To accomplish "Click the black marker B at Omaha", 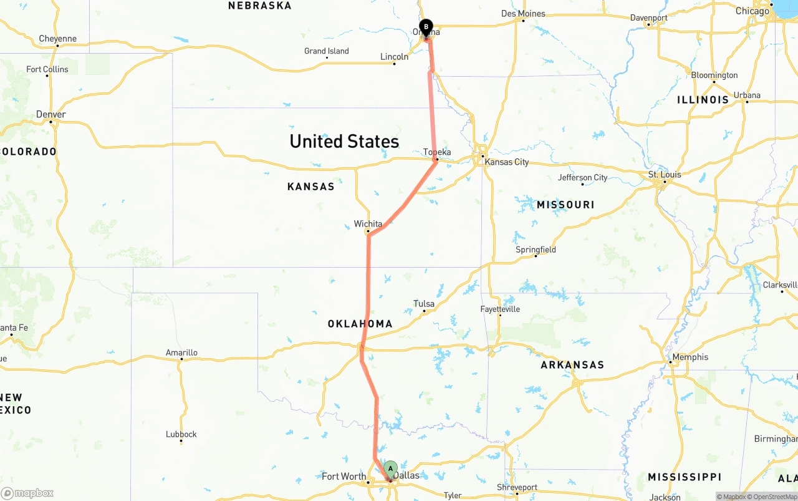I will pyautogui.click(x=426, y=27).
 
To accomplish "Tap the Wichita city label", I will pyautogui.click(x=368, y=224).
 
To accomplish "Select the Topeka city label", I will pyautogui.click(x=437, y=152).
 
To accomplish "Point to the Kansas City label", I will pyautogui.click(x=506, y=162).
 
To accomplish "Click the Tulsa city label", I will pyautogui.click(x=424, y=304).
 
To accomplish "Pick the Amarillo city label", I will pyautogui.click(x=181, y=353).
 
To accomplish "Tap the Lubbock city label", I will pyautogui.click(x=181, y=434).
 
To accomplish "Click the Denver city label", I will pyautogui.click(x=50, y=114).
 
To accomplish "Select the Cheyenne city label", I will pyautogui.click(x=57, y=39).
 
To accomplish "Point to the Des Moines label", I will pyautogui.click(x=523, y=14).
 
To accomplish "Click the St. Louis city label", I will pyautogui.click(x=665, y=175).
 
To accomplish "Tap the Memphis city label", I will pyautogui.click(x=690, y=357).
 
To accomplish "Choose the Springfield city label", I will pyautogui.click(x=536, y=250).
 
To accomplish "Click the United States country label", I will pyautogui.click(x=344, y=141).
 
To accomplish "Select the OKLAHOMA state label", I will pyautogui.click(x=360, y=324).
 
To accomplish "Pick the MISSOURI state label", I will pyautogui.click(x=565, y=205).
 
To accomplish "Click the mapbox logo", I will pyautogui.click(x=27, y=493).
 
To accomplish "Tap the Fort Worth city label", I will pyautogui.click(x=344, y=477).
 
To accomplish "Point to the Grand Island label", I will pyautogui.click(x=326, y=51).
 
